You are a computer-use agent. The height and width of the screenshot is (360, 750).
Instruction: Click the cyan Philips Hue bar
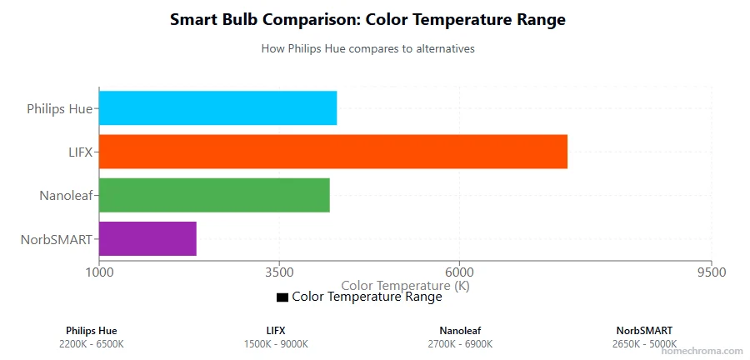pyautogui.click(x=217, y=108)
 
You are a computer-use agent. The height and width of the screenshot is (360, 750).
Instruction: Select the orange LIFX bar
pyautogui.click(x=333, y=152)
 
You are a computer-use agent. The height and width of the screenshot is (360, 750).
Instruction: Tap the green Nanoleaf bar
pyautogui.click(x=214, y=195)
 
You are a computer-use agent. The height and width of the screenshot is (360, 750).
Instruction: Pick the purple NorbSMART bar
pyautogui.click(x=147, y=238)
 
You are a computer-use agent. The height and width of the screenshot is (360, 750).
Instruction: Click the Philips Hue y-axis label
pyautogui.click(x=59, y=108)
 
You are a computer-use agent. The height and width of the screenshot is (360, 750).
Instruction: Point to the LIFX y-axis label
pyautogui.click(x=81, y=152)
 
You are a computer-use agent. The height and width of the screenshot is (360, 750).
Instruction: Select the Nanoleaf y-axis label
pyautogui.click(x=66, y=196)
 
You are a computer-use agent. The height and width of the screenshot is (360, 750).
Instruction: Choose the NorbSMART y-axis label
pyautogui.click(x=56, y=239)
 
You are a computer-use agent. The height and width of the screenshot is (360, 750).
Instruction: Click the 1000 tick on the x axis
pyautogui.click(x=99, y=272)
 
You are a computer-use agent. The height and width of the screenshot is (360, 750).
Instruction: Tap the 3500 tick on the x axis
pyautogui.click(x=279, y=272)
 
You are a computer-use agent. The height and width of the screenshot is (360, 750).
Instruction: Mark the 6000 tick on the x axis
pyautogui.click(x=459, y=272)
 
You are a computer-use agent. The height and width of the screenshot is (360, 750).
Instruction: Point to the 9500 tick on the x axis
pyautogui.click(x=710, y=272)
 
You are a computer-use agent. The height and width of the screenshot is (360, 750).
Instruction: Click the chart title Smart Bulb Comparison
pyautogui.click(x=367, y=20)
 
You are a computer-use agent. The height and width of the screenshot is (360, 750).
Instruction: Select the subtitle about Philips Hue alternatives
pyautogui.click(x=367, y=48)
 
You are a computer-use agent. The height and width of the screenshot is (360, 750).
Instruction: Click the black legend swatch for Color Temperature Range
pyautogui.click(x=282, y=297)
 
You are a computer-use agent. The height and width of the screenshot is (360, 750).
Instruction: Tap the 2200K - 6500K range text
pyautogui.click(x=92, y=344)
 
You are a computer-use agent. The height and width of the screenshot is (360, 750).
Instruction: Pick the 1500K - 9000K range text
pyautogui.click(x=276, y=344)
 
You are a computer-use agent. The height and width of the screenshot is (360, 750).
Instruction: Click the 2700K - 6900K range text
pyautogui.click(x=460, y=344)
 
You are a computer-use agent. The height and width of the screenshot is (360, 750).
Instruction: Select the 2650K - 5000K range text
pyautogui.click(x=644, y=344)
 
